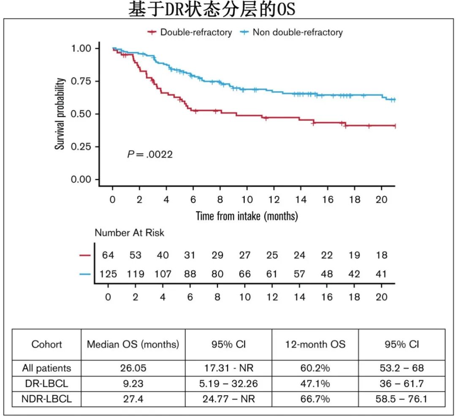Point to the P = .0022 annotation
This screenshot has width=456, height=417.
coord(150,155)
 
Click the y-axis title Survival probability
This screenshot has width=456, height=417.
coord(60,114)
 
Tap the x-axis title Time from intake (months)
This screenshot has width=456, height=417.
coord(247,216)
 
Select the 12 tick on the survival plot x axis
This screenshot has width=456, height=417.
coord(274,199)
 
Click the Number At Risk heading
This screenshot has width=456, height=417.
coord(129,233)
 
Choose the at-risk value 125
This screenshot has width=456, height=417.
coord(108,274)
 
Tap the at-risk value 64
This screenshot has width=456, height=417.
coord(108,255)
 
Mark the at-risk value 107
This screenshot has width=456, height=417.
coord(163,274)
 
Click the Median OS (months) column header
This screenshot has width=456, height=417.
coord(133,344)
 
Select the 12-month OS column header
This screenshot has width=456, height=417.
coord(315,344)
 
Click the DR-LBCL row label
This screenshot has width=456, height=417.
coord(46,384)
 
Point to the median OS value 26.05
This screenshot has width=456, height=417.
coord(133,368)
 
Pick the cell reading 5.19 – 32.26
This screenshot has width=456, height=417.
coord(228,384)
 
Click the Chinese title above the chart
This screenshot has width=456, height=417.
coord(212,9)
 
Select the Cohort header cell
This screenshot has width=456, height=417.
coord(46,344)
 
